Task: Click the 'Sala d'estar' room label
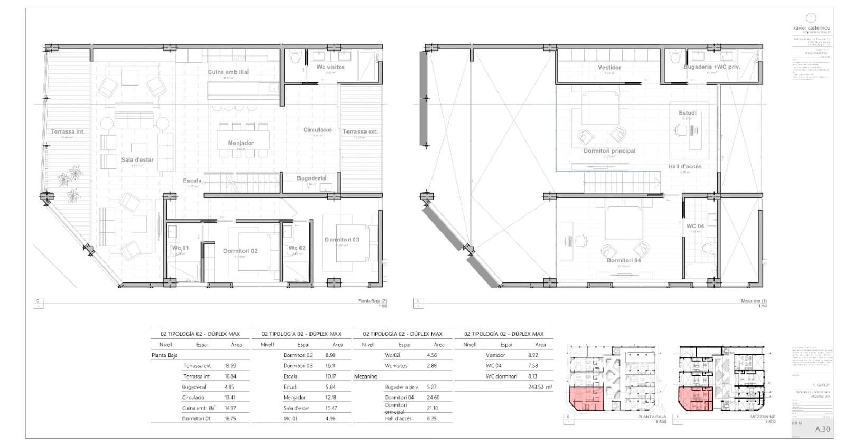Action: (137, 159)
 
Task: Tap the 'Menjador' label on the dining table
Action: (240, 143)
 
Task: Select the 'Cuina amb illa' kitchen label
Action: (228, 72)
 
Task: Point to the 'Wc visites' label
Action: (331, 67)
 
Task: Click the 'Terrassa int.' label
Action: (68, 132)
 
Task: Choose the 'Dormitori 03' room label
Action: (342, 240)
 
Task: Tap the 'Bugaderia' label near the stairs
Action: (311, 178)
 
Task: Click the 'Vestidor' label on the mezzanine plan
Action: (609, 68)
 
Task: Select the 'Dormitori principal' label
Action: (609, 151)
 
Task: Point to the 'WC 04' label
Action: (694, 226)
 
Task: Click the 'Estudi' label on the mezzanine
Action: (687, 113)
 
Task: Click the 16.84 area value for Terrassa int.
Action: (230, 376)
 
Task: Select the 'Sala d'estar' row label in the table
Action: (296, 408)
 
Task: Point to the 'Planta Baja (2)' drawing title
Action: (372, 301)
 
